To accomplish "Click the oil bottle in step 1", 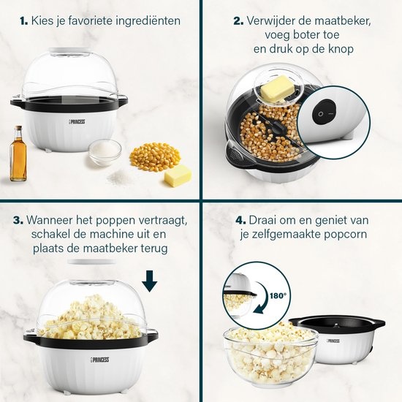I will point(19,151).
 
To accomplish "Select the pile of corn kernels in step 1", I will point(155,155).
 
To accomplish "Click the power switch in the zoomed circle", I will point(322,115).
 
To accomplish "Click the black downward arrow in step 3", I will point(151,281).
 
